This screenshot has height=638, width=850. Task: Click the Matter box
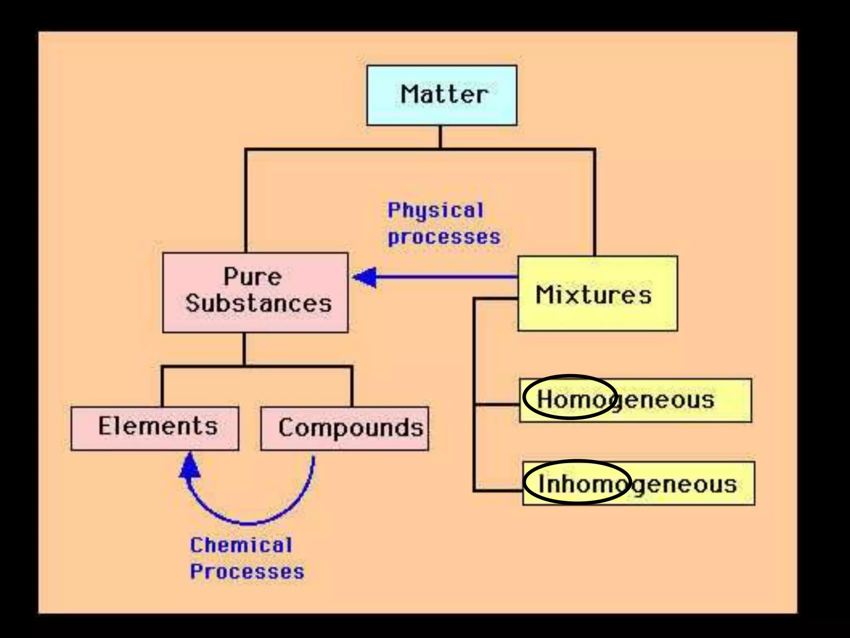[442, 95]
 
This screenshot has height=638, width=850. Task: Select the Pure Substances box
[255, 292]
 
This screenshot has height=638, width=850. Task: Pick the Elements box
[155, 428]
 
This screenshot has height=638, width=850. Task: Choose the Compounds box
[344, 428]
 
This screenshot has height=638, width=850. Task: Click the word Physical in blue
[436, 210]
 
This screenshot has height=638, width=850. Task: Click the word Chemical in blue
[241, 545]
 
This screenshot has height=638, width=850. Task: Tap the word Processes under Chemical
[247, 572]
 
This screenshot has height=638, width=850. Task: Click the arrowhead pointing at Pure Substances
[365, 277]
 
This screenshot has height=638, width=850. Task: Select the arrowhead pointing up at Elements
[190, 466]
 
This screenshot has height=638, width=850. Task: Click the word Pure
[252, 277]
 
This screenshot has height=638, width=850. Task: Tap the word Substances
[259, 303]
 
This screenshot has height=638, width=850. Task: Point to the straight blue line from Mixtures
[448, 277]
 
